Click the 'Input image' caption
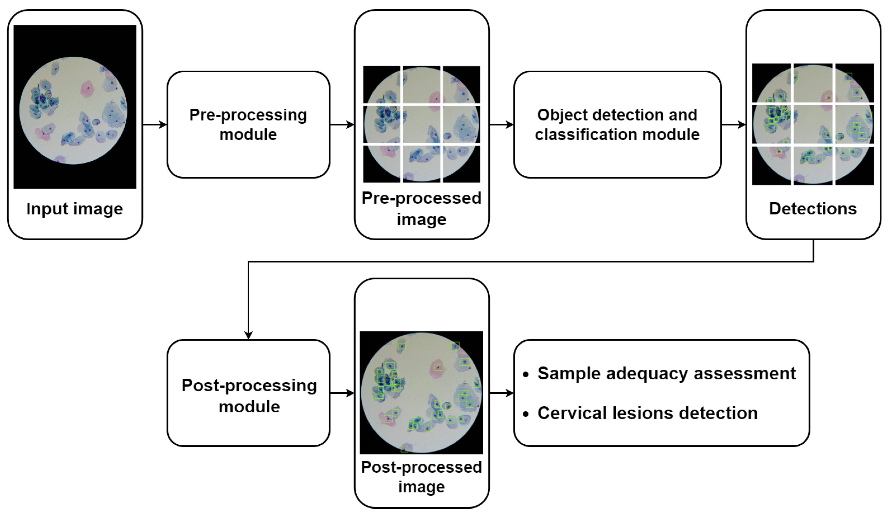(x=75, y=209)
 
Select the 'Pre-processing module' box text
(x=248, y=124)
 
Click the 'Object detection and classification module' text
(x=617, y=124)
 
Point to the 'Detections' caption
(x=813, y=209)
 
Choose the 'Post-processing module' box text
(x=249, y=396)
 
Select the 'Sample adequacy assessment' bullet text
(x=666, y=373)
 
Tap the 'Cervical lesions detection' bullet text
(x=647, y=413)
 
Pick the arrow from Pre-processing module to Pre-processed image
(x=342, y=124)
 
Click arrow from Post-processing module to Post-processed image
(x=342, y=393)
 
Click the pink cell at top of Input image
(x=87, y=89)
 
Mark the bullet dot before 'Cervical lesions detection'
(x=526, y=414)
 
